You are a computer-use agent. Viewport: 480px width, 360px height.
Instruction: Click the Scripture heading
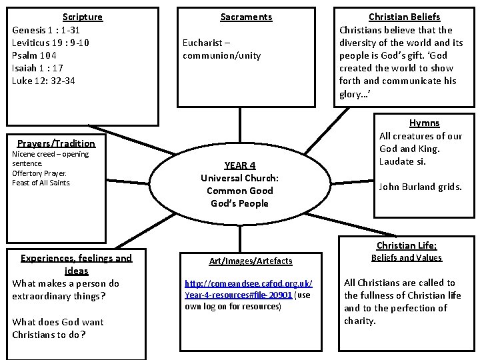(83, 17)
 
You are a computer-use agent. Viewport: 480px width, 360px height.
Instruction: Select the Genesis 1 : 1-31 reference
(47, 30)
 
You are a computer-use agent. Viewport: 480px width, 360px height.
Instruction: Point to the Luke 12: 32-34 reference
(43, 81)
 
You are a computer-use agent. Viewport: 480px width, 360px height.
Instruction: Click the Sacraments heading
(246, 17)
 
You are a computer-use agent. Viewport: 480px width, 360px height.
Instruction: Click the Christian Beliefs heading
(404, 17)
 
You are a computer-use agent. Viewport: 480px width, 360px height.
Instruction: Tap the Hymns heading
(424, 123)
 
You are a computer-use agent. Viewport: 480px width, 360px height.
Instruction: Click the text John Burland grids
(420, 187)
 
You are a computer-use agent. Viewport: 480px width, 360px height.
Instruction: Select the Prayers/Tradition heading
(56, 143)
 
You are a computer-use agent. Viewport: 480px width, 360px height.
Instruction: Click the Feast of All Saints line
(41, 183)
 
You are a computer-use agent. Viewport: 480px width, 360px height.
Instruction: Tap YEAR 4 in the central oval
(239, 165)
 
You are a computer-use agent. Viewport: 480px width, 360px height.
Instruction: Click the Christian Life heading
(406, 245)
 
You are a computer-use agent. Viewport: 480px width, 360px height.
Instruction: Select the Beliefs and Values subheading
(406, 258)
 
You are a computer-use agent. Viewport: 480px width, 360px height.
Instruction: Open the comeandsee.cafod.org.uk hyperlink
(249, 289)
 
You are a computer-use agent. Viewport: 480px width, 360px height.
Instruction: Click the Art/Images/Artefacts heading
(241, 261)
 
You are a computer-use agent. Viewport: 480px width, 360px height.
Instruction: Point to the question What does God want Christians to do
(58, 328)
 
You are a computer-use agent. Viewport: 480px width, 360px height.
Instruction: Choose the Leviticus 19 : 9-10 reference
(51, 43)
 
